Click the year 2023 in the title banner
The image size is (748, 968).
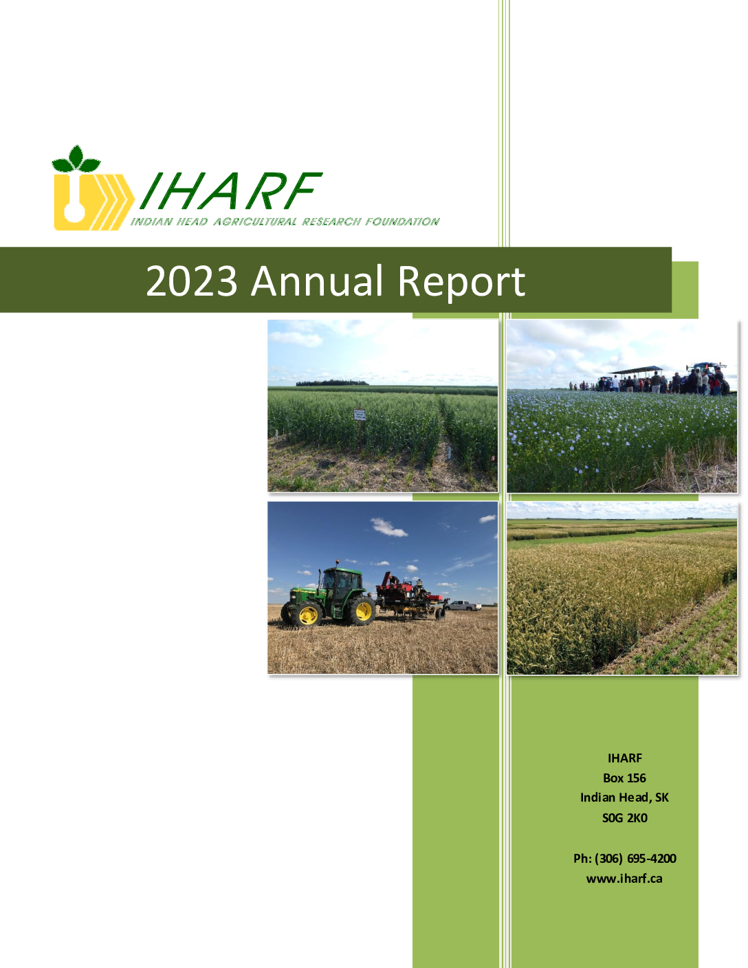click(191, 280)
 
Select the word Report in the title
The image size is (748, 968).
click(461, 283)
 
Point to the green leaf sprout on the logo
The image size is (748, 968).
click(76, 159)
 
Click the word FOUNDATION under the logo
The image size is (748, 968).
click(403, 221)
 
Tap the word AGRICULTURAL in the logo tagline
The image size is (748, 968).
click(255, 221)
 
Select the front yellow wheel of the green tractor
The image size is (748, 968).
click(307, 615)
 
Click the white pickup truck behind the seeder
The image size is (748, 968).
click(463, 605)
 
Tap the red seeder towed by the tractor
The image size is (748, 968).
click(410, 595)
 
